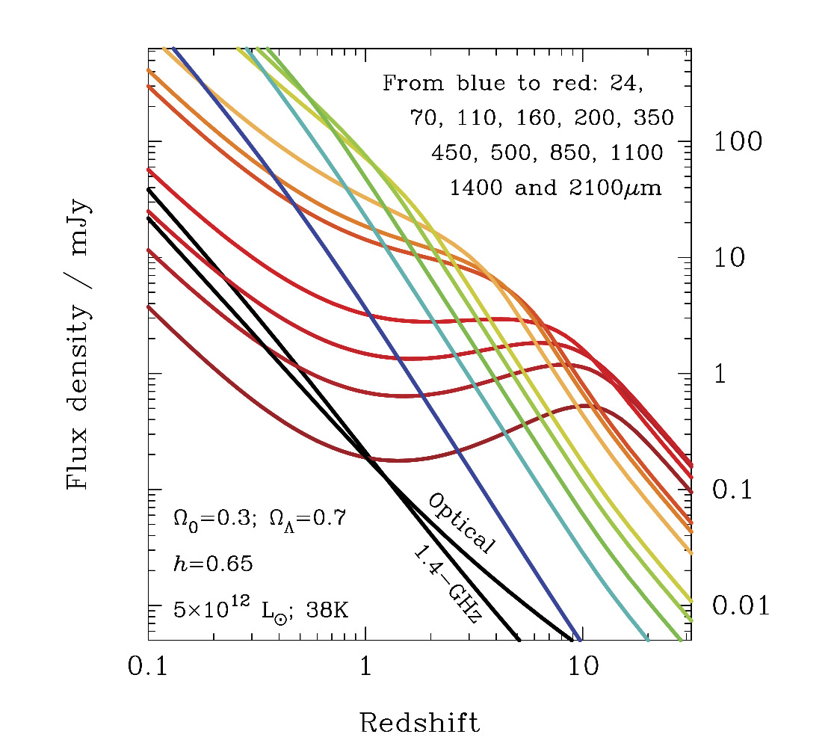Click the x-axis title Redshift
[419, 723]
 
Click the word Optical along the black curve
[460, 523]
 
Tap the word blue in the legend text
[475, 82]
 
